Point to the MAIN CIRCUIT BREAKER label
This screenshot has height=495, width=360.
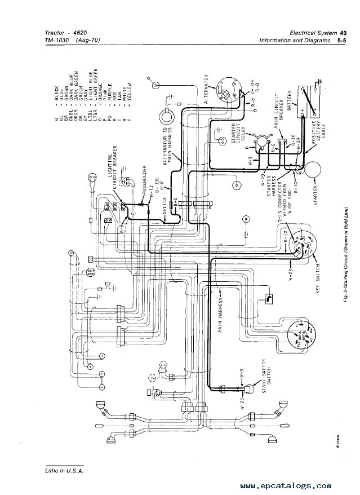click(281, 120)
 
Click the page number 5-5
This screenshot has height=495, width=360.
click(343, 40)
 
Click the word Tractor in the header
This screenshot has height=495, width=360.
click(55, 32)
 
